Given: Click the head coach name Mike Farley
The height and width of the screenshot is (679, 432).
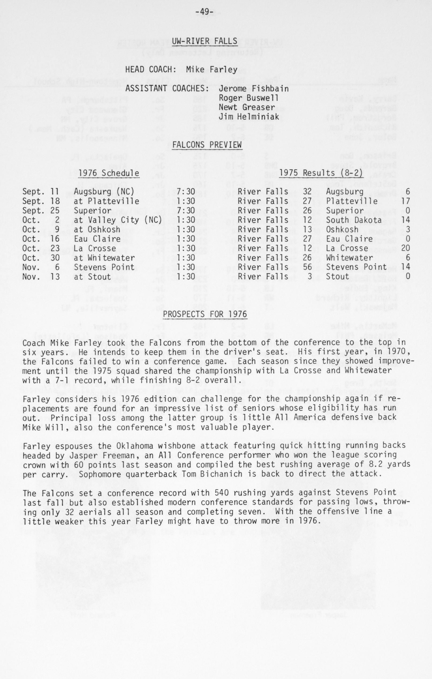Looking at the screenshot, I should tap(211, 69).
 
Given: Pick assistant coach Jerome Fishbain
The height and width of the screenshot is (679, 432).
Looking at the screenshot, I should tap(253, 88).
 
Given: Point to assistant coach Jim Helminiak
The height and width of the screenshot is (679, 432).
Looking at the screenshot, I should tap(249, 117).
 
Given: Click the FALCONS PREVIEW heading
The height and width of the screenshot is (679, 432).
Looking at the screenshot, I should tap(207, 145).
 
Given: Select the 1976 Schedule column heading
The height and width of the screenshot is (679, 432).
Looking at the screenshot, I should tap(109, 173).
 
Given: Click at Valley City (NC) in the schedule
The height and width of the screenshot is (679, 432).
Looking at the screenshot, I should tap(118, 220).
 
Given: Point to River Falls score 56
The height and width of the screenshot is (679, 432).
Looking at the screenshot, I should tap(307, 267).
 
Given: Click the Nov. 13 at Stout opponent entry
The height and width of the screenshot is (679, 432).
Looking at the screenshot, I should tap(93, 277).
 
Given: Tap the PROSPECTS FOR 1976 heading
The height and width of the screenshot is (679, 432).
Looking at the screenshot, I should tap(205, 314).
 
